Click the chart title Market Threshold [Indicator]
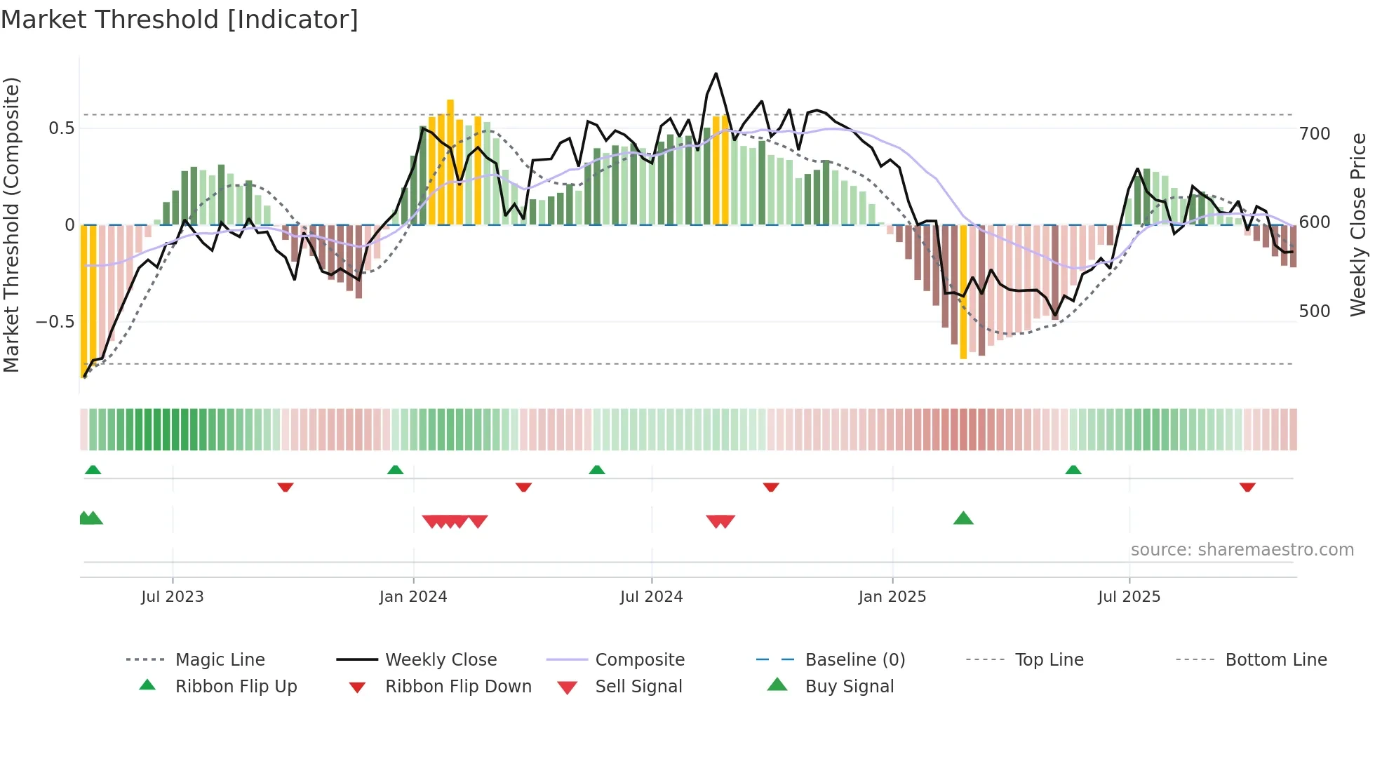(x=180, y=20)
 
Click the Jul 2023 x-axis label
(x=172, y=597)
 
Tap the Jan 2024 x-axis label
(x=412, y=597)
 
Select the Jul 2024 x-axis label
(x=651, y=597)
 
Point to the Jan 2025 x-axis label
(x=892, y=597)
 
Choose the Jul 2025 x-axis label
(x=1129, y=597)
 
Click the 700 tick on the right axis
(x=1314, y=133)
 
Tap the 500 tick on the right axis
(x=1314, y=311)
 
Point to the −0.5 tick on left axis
(x=55, y=322)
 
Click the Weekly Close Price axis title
(x=1358, y=224)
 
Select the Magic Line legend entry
(x=220, y=660)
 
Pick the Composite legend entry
(x=639, y=660)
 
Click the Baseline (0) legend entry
(x=854, y=660)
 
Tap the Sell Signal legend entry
(x=638, y=687)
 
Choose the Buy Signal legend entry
(x=849, y=687)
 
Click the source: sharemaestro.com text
(x=1242, y=550)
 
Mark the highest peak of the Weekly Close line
(x=716, y=74)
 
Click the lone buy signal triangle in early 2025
(x=963, y=518)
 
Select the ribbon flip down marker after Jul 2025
(x=1247, y=487)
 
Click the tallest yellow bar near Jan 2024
(x=450, y=161)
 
